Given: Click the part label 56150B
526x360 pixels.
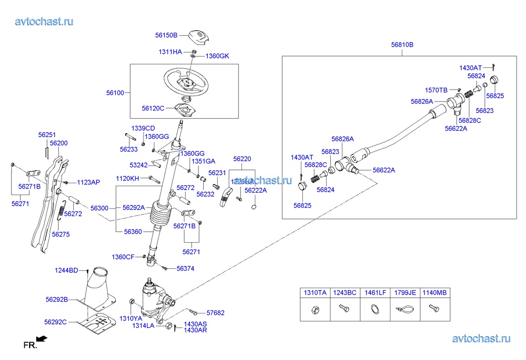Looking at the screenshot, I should click(166, 35).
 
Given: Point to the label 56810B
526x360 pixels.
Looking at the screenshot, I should click(402, 45).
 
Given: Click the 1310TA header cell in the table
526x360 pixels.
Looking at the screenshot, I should click(315, 293).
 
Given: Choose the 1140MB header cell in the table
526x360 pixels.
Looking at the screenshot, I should click(434, 293).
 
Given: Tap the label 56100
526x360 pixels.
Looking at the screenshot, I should click(115, 93).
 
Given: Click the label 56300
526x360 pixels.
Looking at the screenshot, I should click(99, 208).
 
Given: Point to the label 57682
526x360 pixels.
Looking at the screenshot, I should click(215, 313).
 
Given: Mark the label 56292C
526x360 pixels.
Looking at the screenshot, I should click(55, 322).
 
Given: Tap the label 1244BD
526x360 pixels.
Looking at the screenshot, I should click(66, 270).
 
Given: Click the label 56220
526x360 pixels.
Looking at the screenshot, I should click(242, 159).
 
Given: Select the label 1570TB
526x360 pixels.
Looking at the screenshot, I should click(436, 90).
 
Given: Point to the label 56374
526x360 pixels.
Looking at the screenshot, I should click(185, 268).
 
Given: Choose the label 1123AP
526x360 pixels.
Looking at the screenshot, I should click(88, 182).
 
